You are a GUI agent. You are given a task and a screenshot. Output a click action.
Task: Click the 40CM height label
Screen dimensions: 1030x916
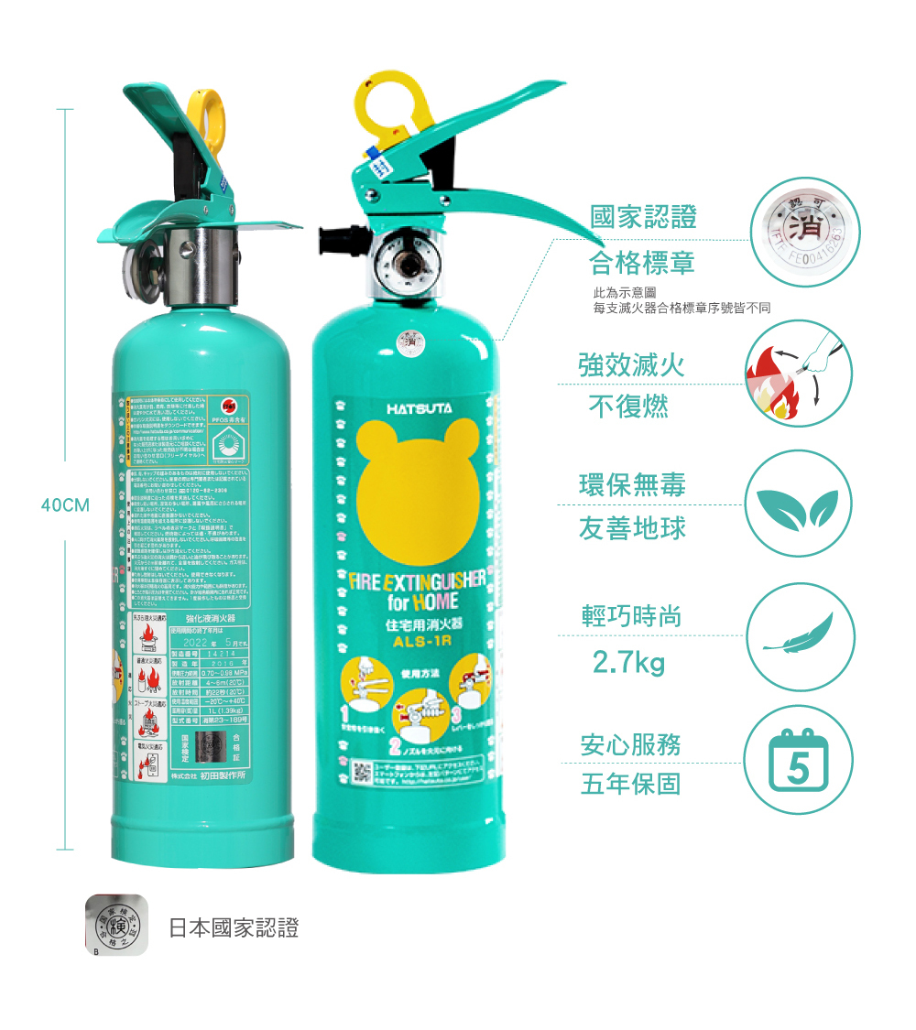(63, 504)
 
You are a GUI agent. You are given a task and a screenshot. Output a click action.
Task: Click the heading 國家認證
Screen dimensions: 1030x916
(643, 217)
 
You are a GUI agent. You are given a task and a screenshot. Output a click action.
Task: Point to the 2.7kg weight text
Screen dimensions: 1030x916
(628, 661)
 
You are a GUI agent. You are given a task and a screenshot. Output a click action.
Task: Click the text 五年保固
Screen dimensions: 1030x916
(630, 785)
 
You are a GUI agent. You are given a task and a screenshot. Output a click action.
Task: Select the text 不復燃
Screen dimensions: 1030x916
(628, 407)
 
